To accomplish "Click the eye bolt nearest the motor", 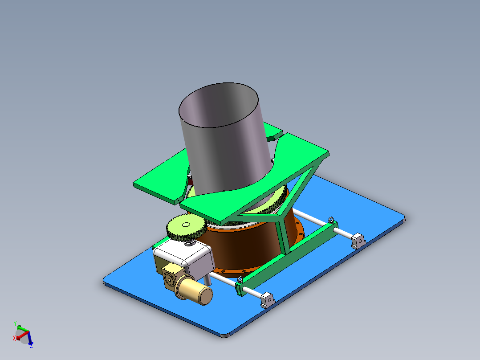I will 240,280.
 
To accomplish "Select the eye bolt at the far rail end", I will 331,220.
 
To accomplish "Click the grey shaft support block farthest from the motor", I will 358,240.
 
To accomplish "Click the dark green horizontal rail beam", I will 289,254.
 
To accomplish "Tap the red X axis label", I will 14,339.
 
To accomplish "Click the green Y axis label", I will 15,323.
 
